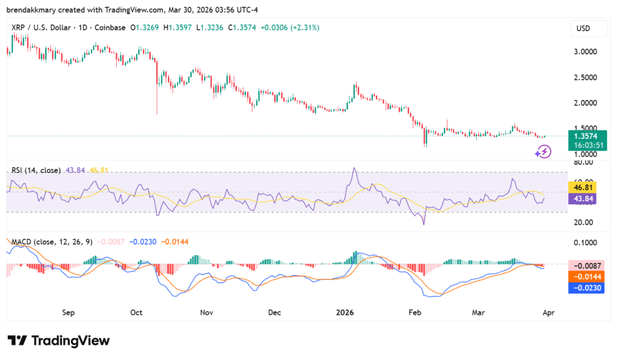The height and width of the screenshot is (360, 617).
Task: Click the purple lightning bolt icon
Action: (x=543, y=152)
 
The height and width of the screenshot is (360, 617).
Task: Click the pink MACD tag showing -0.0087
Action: (x=587, y=266)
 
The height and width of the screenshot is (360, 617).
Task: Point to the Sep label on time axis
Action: (x=68, y=313)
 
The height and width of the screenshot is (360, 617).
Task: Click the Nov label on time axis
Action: (x=207, y=313)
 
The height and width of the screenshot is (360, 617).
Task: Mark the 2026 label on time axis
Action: (x=345, y=313)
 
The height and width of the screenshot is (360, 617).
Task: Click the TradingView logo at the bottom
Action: (x=58, y=341)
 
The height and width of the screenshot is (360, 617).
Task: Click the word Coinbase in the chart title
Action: (x=110, y=28)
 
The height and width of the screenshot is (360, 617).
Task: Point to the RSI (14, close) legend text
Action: (x=36, y=171)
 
